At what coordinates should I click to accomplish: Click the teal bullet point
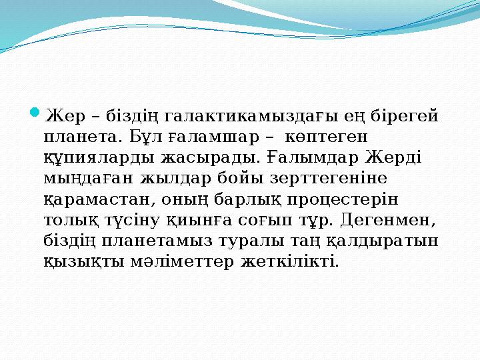click(35, 113)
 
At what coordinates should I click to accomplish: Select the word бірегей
click(405, 117)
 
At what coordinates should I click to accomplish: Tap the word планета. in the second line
click(81, 137)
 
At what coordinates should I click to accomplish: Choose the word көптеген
click(326, 137)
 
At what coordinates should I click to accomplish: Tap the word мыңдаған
click(89, 179)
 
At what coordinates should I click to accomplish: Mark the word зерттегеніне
click(328, 178)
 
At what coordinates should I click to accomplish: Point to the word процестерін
click(343, 200)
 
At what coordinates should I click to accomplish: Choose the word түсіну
click(133, 221)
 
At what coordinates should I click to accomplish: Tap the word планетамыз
click(157, 241)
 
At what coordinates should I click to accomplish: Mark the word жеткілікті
click(289, 261)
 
